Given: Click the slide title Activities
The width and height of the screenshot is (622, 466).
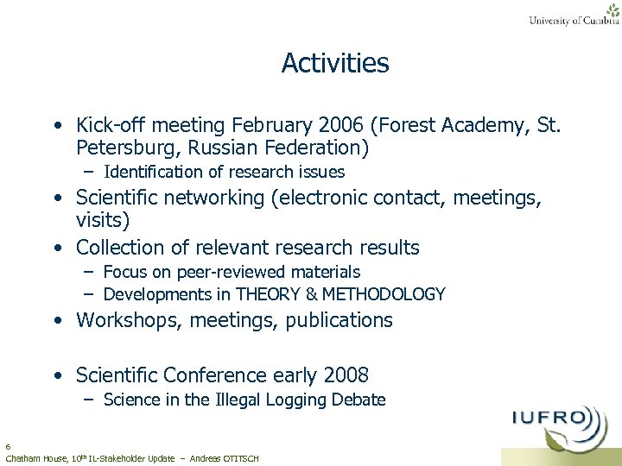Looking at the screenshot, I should point(335,63).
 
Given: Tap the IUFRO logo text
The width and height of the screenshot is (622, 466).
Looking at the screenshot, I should point(553,421).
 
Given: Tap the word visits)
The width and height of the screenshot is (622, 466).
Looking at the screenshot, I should point(103,221).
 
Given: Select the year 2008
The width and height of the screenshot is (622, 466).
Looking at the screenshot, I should point(346,375).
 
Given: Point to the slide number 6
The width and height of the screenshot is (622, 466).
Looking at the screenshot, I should point(8,447).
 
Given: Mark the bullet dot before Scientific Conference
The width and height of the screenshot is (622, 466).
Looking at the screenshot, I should point(56,376).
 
